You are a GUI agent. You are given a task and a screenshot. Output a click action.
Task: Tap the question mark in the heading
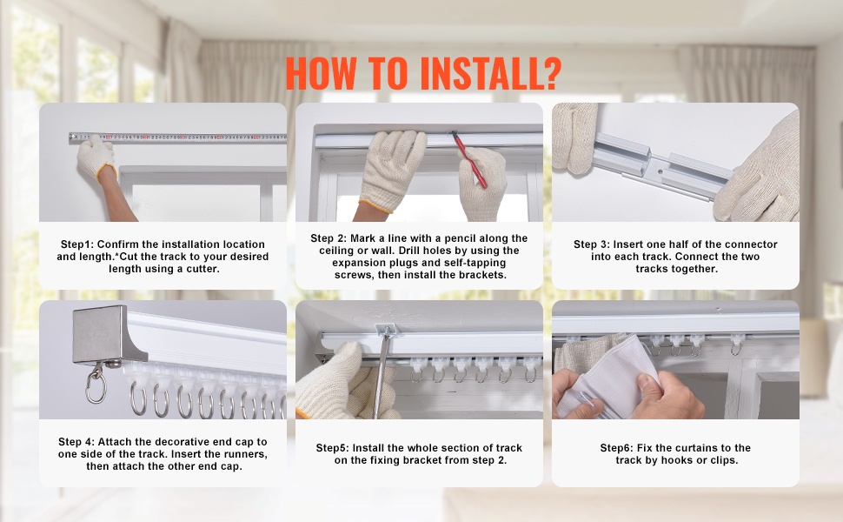(553, 73)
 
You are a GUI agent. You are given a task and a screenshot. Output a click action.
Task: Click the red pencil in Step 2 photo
(469, 159)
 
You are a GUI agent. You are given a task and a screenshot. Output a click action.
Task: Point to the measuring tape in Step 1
(177, 137)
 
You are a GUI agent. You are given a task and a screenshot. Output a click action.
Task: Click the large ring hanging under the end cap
(96, 389)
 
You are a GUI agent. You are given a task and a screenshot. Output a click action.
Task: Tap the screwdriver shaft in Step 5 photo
(382, 376)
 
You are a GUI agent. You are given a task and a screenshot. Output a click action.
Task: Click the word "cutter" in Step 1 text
(202, 269)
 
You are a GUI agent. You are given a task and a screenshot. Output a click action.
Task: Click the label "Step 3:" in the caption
(592, 244)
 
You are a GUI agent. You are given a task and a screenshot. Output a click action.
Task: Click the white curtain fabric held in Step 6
(613, 377)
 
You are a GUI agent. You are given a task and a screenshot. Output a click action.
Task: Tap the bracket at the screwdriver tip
(386, 330)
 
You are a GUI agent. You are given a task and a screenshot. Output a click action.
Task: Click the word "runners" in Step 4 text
(246, 454)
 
